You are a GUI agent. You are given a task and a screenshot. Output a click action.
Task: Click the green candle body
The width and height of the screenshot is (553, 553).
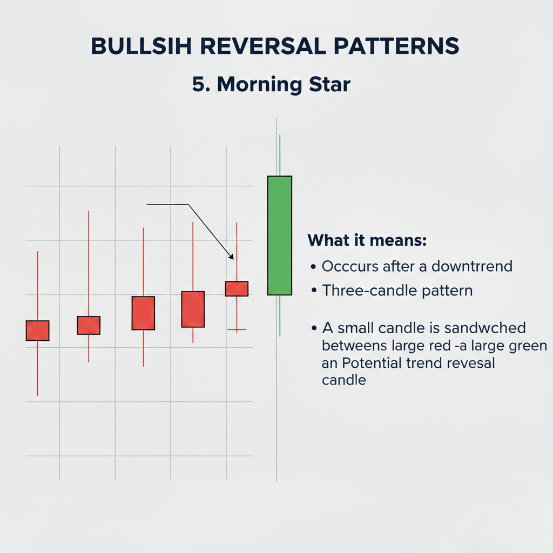tap(280, 235)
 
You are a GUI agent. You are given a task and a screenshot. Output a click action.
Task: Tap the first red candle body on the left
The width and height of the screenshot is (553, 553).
tap(37, 331)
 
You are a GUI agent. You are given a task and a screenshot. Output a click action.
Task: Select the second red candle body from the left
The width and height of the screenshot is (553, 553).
tap(89, 325)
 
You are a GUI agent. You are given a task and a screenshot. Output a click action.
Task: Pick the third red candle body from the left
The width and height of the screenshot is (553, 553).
tap(143, 313)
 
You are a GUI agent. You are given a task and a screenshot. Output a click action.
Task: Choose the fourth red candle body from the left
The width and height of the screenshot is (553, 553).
tap(193, 309)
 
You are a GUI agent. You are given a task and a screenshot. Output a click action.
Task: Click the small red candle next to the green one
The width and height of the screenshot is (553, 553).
tap(237, 288)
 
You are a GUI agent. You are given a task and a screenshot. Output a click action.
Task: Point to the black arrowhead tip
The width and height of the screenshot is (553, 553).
tap(233, 259)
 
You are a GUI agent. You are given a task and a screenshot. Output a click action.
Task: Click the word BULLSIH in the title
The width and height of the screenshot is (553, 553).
tap(141, 46)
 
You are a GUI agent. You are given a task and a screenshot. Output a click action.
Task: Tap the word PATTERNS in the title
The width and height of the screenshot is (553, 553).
tap(396, 46)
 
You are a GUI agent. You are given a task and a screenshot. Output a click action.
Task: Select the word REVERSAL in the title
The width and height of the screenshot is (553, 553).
tap(263, 46)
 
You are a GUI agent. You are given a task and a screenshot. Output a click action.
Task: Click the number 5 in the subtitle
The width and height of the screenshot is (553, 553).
tap(199, 85)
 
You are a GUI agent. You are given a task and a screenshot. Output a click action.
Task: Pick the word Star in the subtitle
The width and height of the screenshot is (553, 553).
tap(329, 85)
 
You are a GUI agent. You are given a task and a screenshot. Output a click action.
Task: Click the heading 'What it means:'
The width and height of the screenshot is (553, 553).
tap(367, 240)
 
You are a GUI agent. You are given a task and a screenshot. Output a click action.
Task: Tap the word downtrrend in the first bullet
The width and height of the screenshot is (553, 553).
tap(472, 266)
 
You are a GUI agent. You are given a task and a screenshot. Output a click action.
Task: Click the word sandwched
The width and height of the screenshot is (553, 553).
tap(485, 328)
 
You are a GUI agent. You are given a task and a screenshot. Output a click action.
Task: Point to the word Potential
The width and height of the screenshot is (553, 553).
tap(372, 363)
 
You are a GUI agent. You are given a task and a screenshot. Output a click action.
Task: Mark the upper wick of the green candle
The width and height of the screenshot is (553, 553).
tap(280, 155)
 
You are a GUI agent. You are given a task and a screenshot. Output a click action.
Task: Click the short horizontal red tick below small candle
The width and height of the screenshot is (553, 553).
tap(237, 329)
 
